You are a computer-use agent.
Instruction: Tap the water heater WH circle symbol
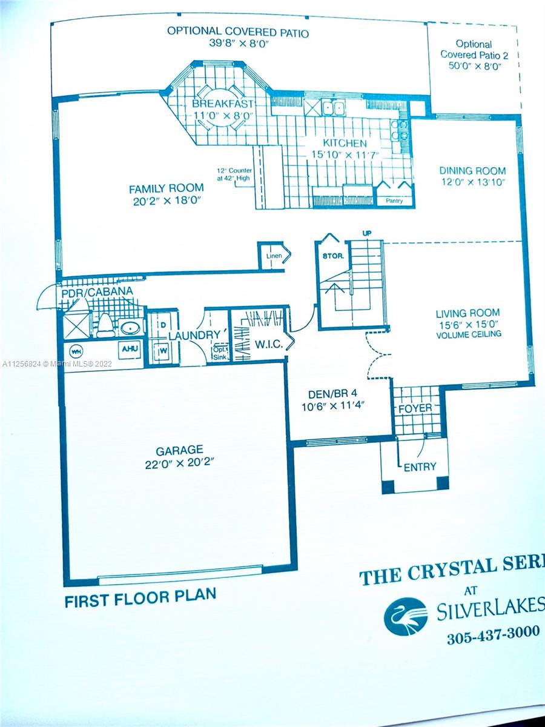tap(76, 351)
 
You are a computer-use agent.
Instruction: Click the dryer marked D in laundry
tap(163, 325)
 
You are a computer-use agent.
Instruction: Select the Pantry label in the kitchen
tap(394, 201)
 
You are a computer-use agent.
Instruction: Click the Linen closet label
tap(274, 256)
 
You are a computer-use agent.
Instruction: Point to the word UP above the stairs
tap(366, 233)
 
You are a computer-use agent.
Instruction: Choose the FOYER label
tap(415, 408)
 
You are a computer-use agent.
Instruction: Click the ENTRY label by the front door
tap(420, 467)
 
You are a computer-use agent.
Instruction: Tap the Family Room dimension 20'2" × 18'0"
tap(168, 201)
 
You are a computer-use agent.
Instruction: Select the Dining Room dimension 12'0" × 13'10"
tap(472, 182)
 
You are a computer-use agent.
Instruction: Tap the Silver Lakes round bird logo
tap(405, 617)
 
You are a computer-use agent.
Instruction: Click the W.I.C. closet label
tap(269, 345)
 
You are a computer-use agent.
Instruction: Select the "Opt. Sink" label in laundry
tap(220, 353)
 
